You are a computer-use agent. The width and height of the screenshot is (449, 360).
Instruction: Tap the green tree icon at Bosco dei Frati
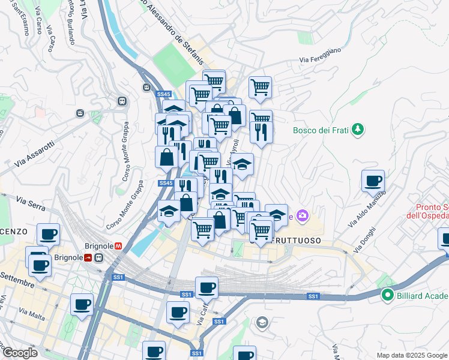358,129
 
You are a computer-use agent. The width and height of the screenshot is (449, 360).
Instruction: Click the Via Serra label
31,203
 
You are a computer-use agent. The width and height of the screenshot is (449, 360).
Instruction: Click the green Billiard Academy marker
388,295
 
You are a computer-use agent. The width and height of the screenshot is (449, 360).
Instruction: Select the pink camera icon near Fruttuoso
303,215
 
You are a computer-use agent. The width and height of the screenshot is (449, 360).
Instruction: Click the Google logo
19,353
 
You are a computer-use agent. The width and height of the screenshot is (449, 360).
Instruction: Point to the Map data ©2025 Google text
412,355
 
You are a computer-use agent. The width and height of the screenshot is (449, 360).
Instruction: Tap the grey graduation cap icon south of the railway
262,323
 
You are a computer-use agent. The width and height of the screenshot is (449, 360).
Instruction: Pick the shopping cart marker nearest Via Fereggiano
260,87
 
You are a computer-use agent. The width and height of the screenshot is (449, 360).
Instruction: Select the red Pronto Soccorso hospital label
427,210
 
